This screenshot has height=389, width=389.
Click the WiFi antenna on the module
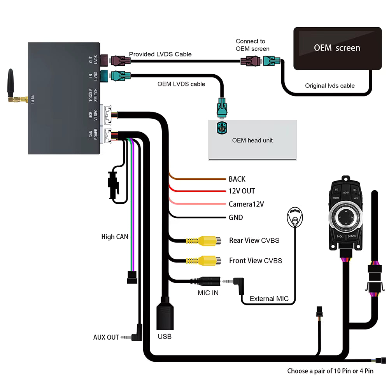[11, 84]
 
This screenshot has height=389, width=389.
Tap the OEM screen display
[337, 48]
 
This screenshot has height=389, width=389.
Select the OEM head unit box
[252, 140]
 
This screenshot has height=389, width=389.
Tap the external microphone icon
[295, 217]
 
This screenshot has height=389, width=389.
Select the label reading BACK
[237, 179]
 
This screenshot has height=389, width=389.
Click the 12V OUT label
[242, 191]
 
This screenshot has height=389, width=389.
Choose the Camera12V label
[246, 204]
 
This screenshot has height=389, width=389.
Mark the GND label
[236, 217]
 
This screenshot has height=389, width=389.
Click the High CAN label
[114, 237]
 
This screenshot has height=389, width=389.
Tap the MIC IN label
[208, 293]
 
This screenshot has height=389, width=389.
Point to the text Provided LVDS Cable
[160, 54]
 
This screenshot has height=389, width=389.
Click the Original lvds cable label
[329, 86]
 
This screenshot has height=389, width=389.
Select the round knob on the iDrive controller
[345, 216]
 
